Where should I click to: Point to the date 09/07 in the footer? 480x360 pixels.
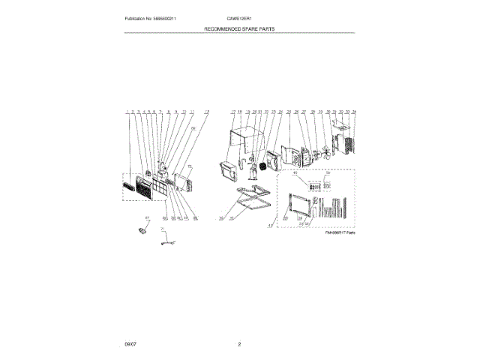(x=130, y=344)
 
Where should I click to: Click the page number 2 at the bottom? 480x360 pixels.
(x=239, y=344)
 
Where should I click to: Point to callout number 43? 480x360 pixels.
(x=271, y=224)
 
